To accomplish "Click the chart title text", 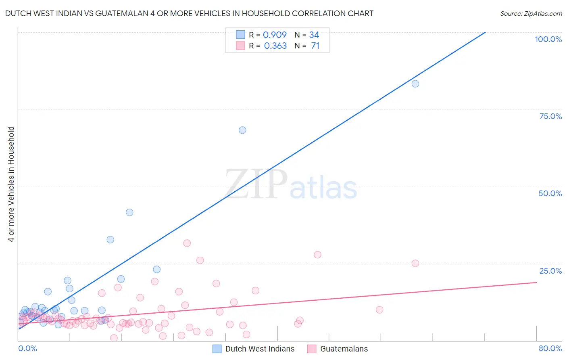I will [x=189, y=13].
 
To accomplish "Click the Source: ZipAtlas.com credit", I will [x=531, y=13].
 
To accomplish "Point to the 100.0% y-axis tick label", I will [x=548, y=39].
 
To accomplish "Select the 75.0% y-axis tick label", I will [x=550, y=116].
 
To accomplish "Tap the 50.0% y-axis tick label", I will [x=550, y=193].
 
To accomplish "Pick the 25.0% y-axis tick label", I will [x=550, y=271].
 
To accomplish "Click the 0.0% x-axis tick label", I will [x=27, y=348].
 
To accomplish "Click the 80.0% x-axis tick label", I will [x=550, y=348].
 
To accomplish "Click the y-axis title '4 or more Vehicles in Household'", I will [x=11, y=184].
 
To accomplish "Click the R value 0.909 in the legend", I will [x=275, y=35].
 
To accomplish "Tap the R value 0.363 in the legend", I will [x=275, y=46].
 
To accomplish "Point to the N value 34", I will [x=314, y=35].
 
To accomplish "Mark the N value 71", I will [x=315, y=46].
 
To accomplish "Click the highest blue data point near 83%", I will [x=415, y=84].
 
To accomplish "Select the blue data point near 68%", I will [x=242, y=130].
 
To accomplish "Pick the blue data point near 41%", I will [x=129, y=212].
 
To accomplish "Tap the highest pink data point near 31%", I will [x=187, y=243].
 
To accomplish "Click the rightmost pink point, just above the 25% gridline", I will [x=415, y=263].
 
